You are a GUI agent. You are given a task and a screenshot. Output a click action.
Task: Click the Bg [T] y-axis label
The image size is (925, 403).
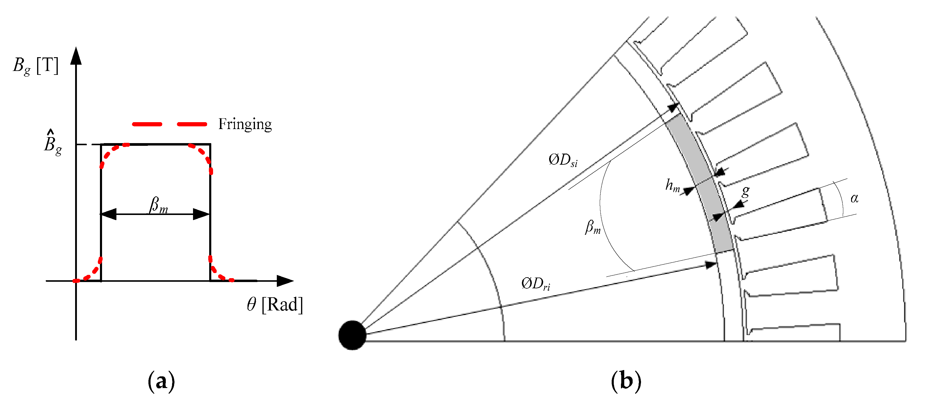[x=35, y=66]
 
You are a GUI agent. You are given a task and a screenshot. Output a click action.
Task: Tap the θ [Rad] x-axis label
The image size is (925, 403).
[x=275, y=304]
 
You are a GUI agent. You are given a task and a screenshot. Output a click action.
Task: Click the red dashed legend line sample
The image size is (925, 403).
[x=169, y=124]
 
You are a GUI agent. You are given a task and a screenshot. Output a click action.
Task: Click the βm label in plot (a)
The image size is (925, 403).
[x=158, y=205]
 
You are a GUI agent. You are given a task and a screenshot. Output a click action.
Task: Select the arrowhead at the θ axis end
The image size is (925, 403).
[x=285, y=281]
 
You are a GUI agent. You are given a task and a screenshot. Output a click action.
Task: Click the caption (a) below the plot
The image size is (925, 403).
[x=161, y=381]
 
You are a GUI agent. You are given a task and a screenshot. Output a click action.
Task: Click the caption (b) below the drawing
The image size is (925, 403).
[x=625, y=381]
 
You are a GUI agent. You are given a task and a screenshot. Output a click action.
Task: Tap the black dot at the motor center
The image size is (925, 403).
[x=352, y=335]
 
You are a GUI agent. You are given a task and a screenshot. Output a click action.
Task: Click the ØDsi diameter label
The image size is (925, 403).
[x=563, y=160]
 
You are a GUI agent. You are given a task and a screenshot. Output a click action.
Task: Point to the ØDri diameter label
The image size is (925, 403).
[x=535, y=284]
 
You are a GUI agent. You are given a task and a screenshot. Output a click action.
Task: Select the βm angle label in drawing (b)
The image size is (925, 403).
[x=593, y=227]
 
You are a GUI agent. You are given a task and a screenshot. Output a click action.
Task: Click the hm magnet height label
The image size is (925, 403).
[x=672, y=185]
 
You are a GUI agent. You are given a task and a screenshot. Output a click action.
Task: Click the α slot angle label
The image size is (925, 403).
[x=854, y=198]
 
